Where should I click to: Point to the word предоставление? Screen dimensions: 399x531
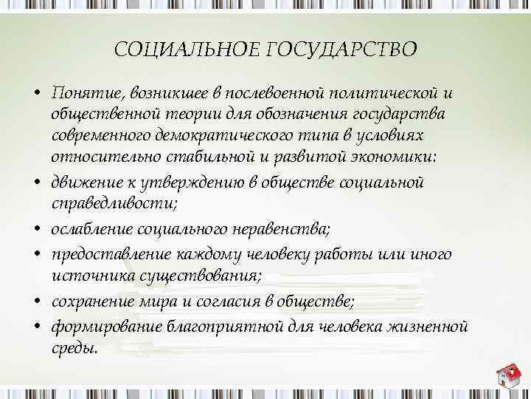108,255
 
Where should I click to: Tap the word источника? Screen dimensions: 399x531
88,276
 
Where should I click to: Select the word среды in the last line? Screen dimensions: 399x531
74,349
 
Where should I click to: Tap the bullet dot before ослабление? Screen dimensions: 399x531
35,229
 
